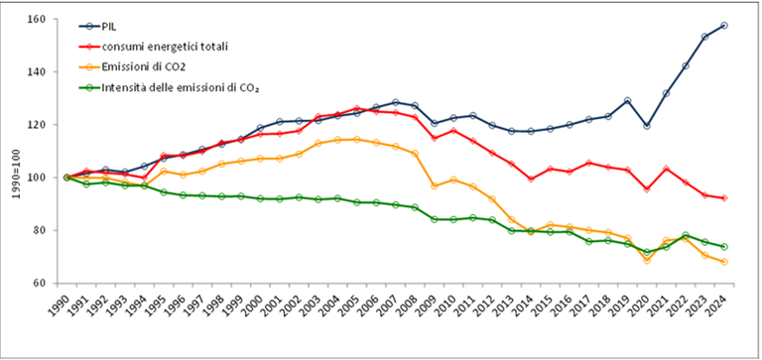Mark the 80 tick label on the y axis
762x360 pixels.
coord(41,230)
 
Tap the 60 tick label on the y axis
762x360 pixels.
coord(41,283)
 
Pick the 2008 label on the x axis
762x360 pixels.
coord(415,308)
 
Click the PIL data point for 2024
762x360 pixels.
coord(724,26)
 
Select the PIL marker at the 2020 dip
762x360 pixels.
coord(647,126)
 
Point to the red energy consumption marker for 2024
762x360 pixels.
coord(724,198)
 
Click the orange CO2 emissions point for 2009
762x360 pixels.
coord(435,186)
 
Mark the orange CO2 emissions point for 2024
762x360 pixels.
coord(724,262)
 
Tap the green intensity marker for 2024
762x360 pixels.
coord(724,246)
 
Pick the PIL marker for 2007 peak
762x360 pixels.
coord(396,102)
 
